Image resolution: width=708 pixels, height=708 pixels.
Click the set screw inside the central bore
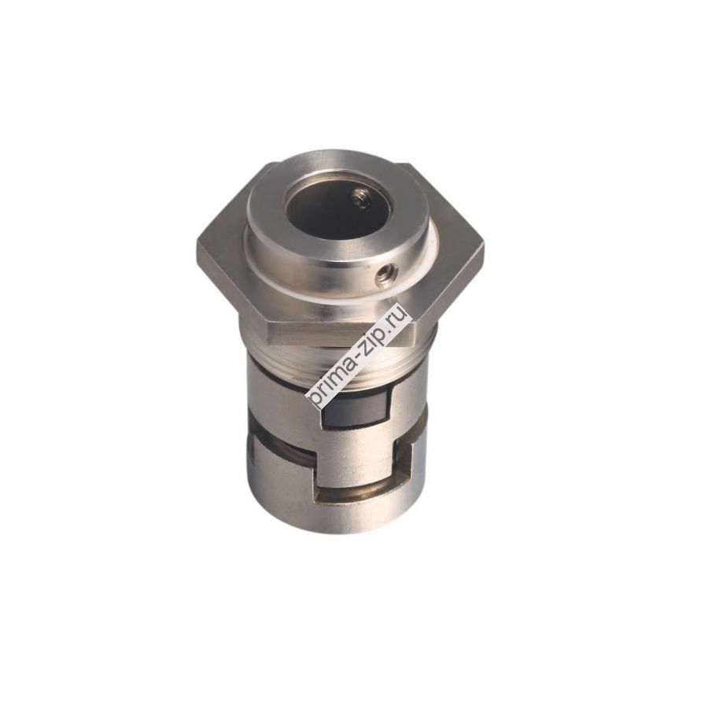(361, 202)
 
